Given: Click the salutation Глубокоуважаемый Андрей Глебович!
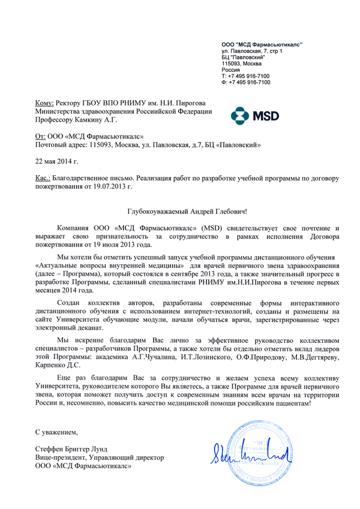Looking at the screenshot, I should [187, 212].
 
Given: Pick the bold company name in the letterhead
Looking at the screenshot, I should [262, 44].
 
